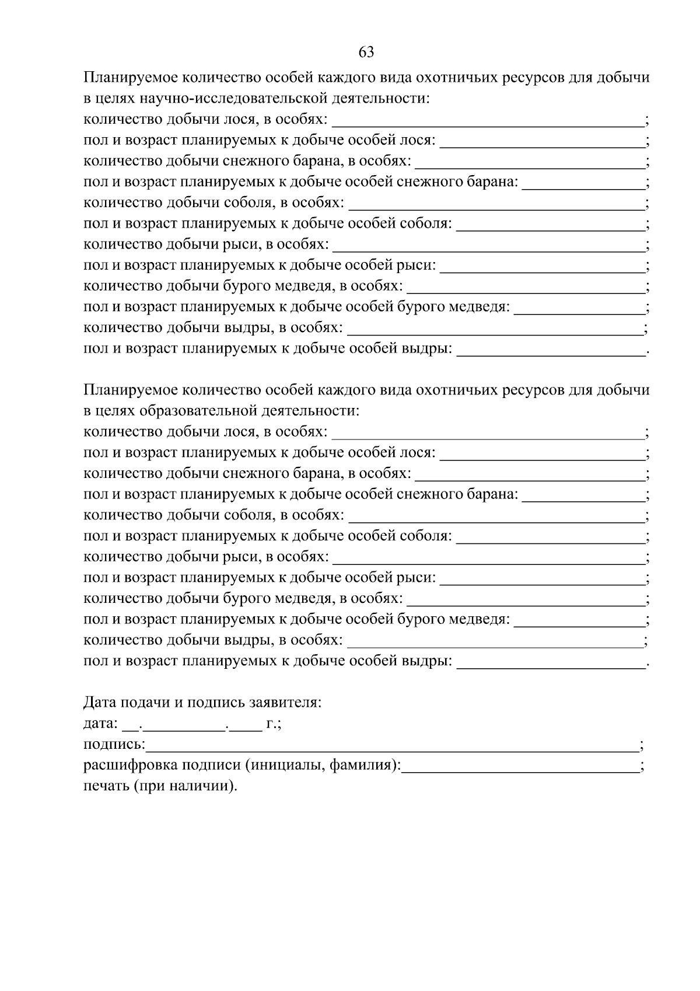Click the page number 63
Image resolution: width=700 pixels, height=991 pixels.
[x=366, y=53]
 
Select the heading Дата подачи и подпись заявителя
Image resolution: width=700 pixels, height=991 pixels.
[x=202, y=702]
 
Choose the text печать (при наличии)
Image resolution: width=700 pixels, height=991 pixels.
[x=161, y=786]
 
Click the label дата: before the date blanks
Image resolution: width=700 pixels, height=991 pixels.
[x=101, y=724]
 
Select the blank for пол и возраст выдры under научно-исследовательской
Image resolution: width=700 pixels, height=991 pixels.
[x=551, y=351]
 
